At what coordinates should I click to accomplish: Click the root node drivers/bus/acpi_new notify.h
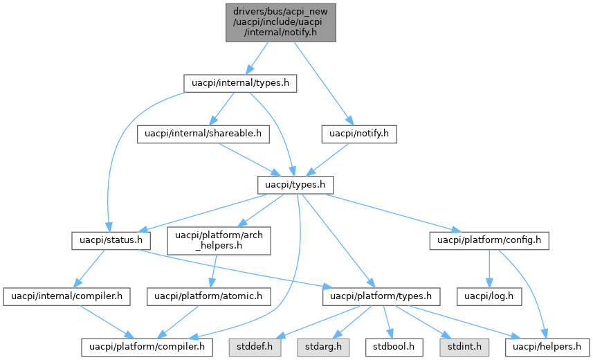coord(280,22)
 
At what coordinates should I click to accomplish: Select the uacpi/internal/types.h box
coord(240,83)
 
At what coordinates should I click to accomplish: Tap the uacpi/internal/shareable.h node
coord(203,134)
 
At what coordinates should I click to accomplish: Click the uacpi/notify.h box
coord(359,134)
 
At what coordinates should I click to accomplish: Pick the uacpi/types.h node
coord(295,185)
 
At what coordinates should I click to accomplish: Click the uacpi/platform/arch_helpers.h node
coord(218,241)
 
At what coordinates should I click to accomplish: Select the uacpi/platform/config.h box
coord(489,241)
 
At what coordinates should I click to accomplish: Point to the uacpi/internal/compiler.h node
coord(67,296)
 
